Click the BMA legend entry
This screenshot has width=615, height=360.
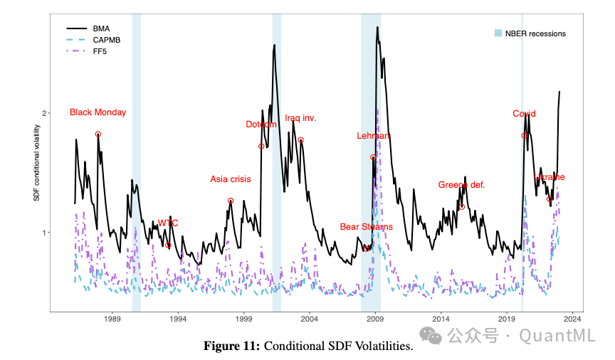click(x=100, y=28)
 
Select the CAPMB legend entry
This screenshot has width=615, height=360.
click(x=106, y=39)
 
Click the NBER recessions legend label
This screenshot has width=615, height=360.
click(x=535, y=33)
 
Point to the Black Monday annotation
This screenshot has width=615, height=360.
click(x=98, y=112)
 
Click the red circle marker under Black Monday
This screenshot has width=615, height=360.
click(x=98, y=134)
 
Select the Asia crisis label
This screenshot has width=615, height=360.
click(x=230, y=179)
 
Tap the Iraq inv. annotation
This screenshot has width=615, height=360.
click(x=300, y=118)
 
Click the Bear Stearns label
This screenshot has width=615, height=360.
click(x=366, y=227)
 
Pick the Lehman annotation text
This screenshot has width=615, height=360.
click(x=373, y=136)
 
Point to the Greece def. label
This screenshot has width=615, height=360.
click(x=461, y=185)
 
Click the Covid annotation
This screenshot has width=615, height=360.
click(x=524, y=114)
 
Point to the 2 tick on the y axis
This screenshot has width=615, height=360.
click(x=44, y=113)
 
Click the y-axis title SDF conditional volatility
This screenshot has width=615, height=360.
click(x=37, y=162)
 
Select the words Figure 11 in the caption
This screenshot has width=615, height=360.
click(x=231, y=346)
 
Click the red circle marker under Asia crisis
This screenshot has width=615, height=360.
click(x=231, y=201)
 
